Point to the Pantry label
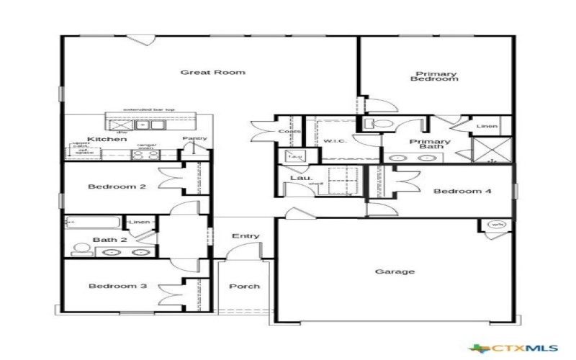[194, 138]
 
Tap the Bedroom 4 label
[452, 192]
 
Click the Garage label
[395, 272]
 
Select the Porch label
[244, 286]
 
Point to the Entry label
[246, 236]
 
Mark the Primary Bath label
[430, 145]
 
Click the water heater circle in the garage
[497, 225]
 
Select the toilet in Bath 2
[81, 249]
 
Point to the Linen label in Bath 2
[140, 222]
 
